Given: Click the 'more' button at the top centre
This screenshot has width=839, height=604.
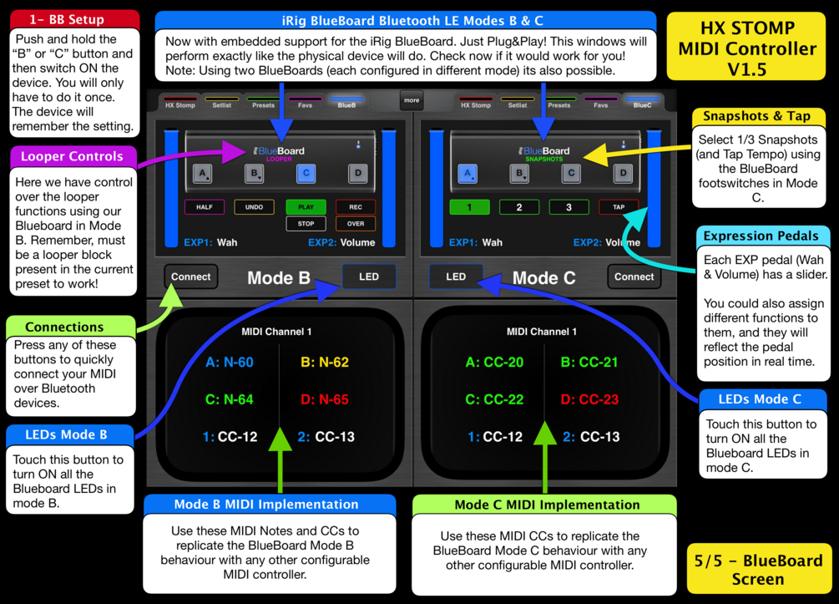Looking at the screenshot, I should tap(412, 100).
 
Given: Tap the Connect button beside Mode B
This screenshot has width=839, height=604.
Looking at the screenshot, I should tap(191, 277).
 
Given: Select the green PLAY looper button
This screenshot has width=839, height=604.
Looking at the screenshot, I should tap(306, 207).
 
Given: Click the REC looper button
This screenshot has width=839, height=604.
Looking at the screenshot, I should tap(356, 207).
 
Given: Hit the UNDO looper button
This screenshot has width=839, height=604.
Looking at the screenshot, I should tap(255, 207).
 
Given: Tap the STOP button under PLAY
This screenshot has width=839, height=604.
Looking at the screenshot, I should tap(306, 224).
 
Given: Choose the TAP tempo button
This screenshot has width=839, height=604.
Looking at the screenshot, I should tap(619, 207).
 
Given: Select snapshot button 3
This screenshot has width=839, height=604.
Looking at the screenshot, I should tap(569, 207).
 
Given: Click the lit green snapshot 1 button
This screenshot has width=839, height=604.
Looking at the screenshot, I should tap(469, 207).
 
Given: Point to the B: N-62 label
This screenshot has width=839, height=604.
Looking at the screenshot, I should tap(325, 363).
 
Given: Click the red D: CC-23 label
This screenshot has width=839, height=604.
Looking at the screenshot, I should tap(589, 399).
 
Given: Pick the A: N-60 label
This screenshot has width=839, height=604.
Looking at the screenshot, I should tap(230, 363).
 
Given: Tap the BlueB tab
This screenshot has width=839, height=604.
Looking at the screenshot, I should tap(346, 104).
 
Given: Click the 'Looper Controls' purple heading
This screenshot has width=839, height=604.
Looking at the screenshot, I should tap(72, 156).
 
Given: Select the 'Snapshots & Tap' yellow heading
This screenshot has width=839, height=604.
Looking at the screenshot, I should tap(756, 116).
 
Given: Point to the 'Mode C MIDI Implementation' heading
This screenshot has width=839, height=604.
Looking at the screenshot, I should tap(547, 505).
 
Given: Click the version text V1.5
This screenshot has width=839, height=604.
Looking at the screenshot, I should tap(747, 69).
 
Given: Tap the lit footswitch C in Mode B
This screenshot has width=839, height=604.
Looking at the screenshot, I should tap(306, 174).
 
